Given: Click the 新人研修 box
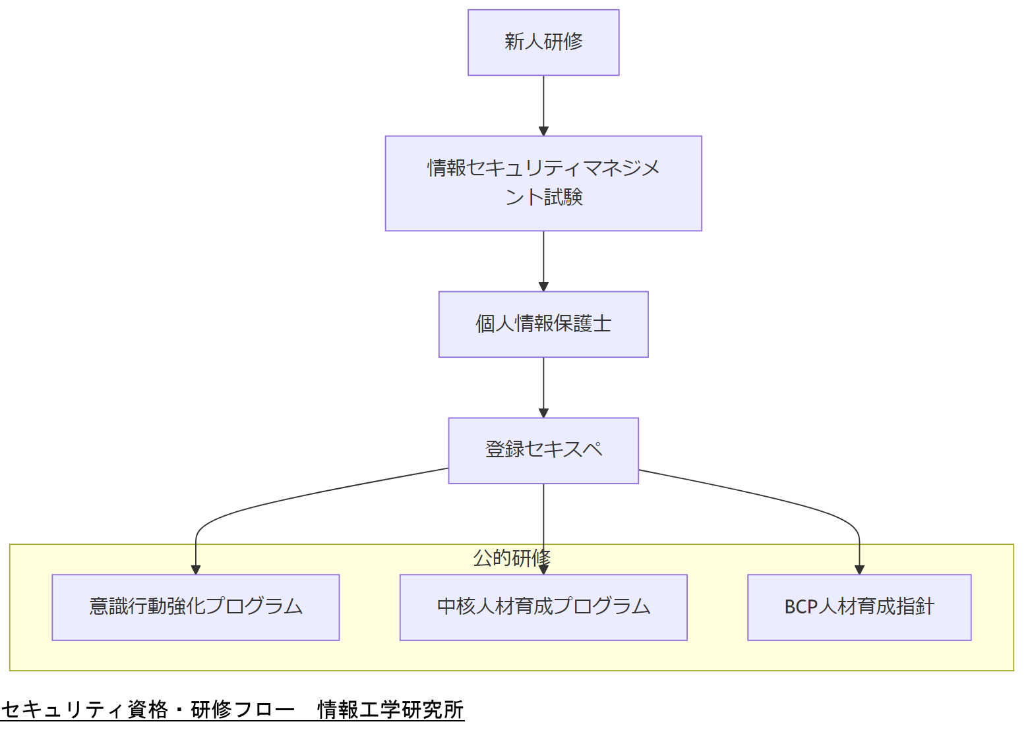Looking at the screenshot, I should tap(543, 42).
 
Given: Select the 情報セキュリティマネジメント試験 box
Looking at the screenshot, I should tap(543, 183).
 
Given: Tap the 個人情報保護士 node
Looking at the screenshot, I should tap(543, 324).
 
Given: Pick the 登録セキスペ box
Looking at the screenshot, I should tap(543, 451).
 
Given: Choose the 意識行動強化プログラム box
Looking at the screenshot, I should tap(195, 607).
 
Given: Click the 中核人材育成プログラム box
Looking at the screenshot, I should tap(543, 607).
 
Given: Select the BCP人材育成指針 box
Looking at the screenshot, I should tap(859, 607).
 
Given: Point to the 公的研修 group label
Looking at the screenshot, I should tap(512, 558).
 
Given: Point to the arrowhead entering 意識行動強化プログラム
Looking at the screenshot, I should tap(196, 569).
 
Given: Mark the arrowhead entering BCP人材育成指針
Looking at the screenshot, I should tap(859, 569).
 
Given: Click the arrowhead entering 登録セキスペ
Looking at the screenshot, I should tap(543, 413).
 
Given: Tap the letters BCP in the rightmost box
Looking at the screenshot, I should tap(801, 607).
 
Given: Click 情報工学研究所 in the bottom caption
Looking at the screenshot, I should tap(391, 710).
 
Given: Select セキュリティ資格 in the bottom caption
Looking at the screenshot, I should tap(84, 710).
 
